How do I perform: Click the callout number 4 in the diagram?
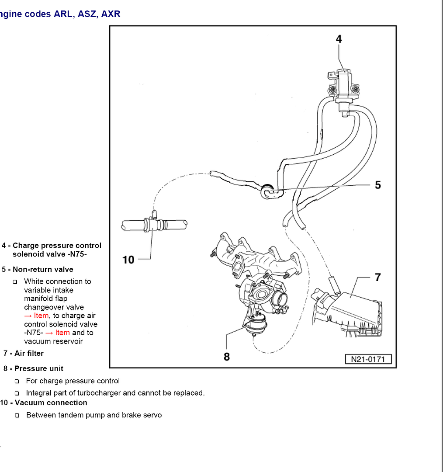339,39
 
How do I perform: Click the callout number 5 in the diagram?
377,185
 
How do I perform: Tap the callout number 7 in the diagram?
377,277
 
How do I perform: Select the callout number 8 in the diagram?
227,357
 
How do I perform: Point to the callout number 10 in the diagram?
128,260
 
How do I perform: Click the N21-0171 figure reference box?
368,359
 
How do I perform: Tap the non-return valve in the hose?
267,191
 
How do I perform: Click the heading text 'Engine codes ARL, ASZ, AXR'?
60,14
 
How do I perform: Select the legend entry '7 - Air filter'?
24,353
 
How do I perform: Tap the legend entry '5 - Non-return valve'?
38,269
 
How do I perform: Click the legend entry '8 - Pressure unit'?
33,368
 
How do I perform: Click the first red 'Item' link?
41,316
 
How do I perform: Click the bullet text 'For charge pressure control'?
73,381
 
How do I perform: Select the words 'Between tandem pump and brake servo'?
94,415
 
